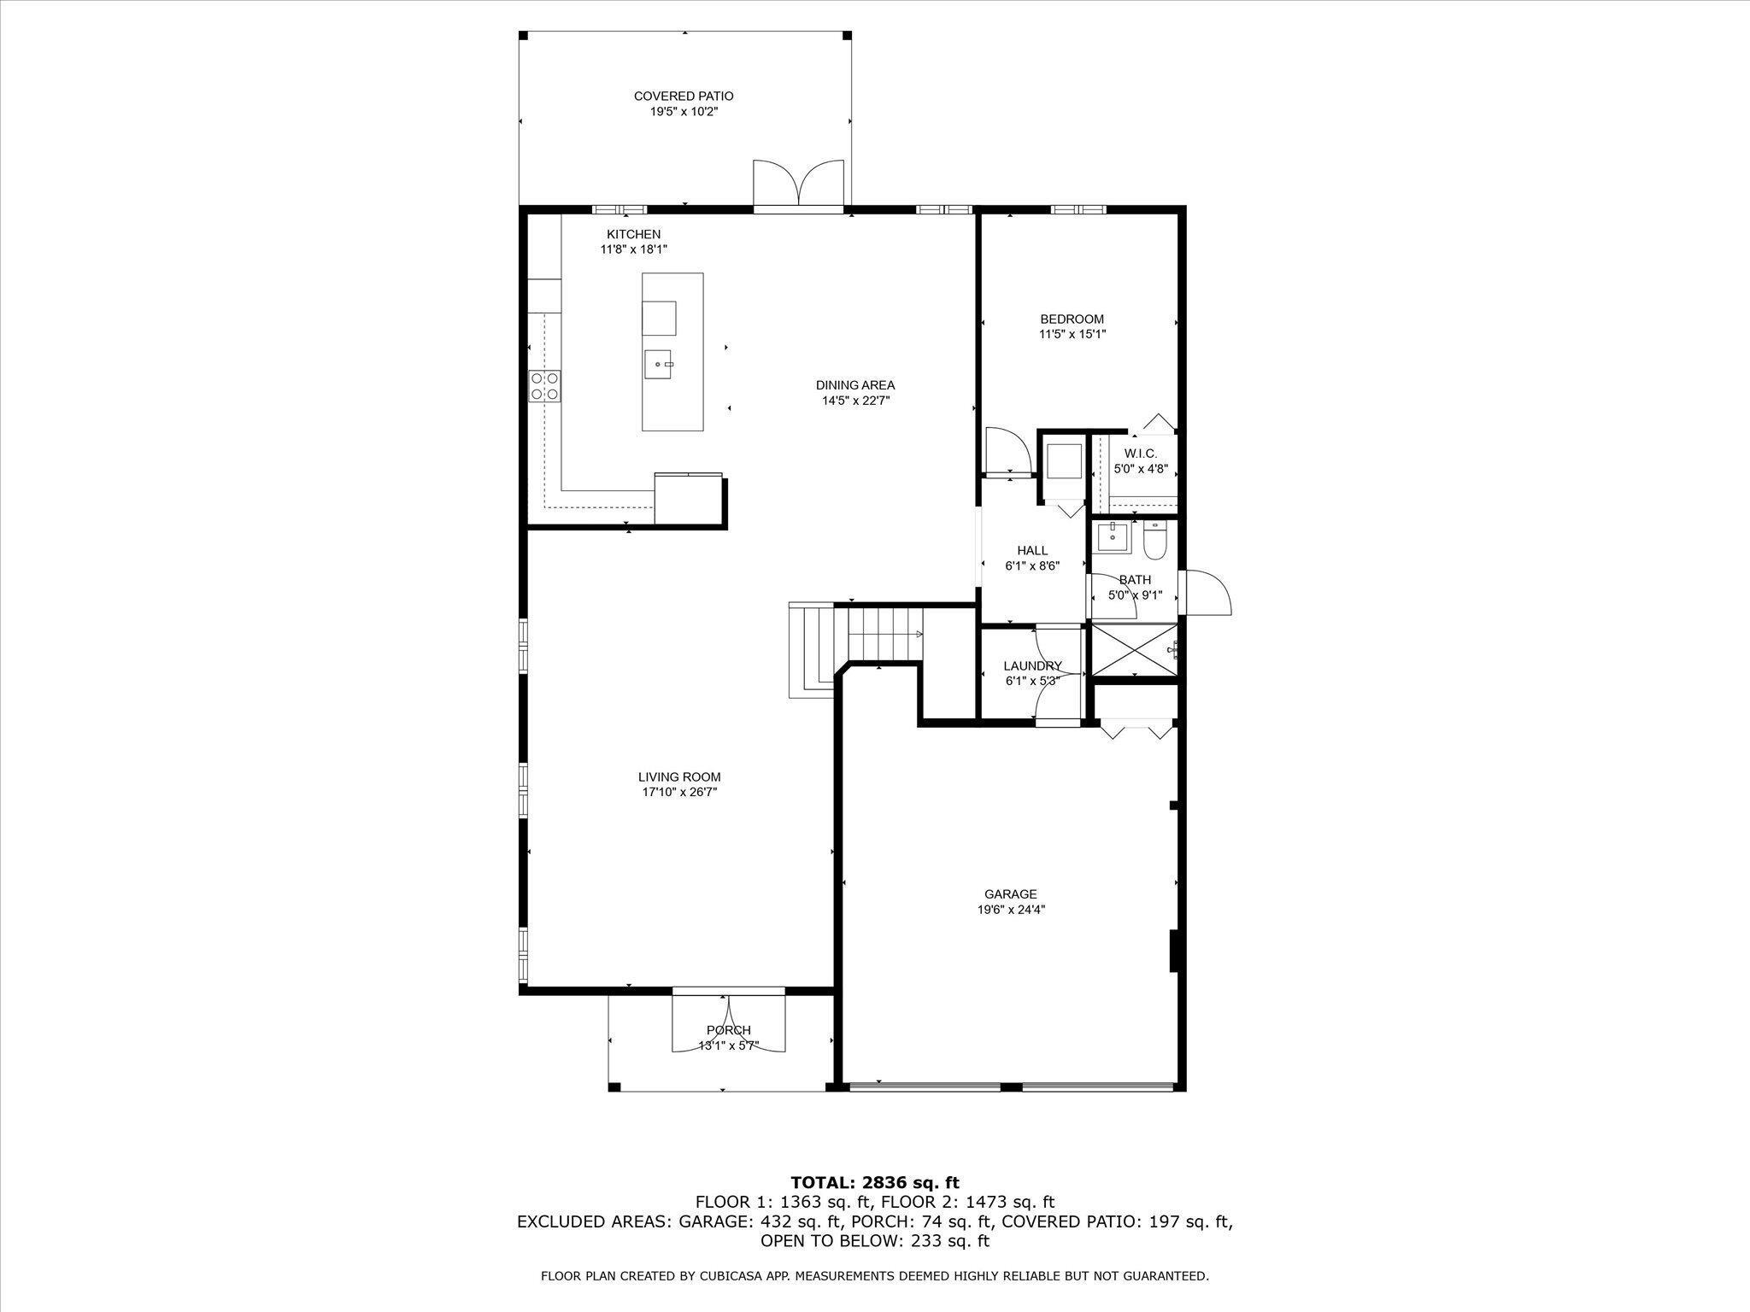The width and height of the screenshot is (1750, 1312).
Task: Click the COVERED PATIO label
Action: point(683,97)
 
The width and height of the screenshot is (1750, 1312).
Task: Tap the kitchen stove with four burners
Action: point(544,385)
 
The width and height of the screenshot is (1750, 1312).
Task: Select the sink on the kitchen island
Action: point(659,365)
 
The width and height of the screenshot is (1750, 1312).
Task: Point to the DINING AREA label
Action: point(854,385)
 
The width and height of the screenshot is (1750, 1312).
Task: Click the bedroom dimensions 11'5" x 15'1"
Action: point(1072,335)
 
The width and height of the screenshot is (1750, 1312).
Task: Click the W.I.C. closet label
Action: point(1140,454)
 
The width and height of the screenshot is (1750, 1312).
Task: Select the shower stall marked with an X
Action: point(1132,650)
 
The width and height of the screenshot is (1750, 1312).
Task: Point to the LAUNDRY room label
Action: point(1032,666)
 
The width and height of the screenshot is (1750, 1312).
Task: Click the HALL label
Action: point(1032,551)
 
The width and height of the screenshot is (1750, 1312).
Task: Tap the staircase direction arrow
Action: point(919,635)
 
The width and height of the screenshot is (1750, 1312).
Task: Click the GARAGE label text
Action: point(1011,894)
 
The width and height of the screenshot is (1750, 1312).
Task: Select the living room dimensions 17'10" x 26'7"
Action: point(679,793)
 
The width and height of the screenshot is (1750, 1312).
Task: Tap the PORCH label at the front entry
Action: point(728,1030)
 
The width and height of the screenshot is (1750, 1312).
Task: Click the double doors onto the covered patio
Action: point(799,184)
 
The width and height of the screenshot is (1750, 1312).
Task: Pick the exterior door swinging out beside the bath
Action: point(1205,592)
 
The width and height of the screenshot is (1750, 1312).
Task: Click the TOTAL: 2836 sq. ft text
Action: point(875,1183)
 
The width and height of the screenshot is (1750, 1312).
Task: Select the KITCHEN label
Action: point(633,234)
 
